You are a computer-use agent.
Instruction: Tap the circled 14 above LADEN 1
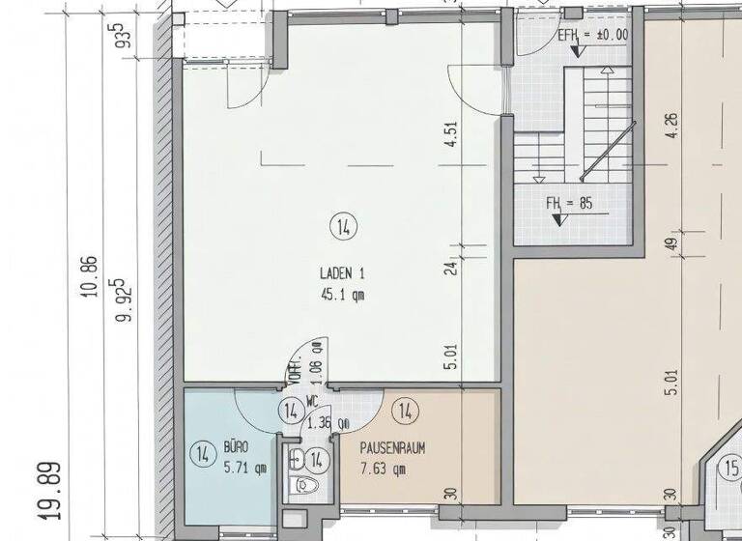tap(342, 228)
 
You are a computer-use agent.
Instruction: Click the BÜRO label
tap(237, 448)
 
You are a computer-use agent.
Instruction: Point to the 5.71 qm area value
tap(244, 469)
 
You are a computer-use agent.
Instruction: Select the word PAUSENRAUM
tap(392, 448)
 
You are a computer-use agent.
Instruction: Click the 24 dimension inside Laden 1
tap(450, 268)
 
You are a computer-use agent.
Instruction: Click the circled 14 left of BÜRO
tap(202, 453)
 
